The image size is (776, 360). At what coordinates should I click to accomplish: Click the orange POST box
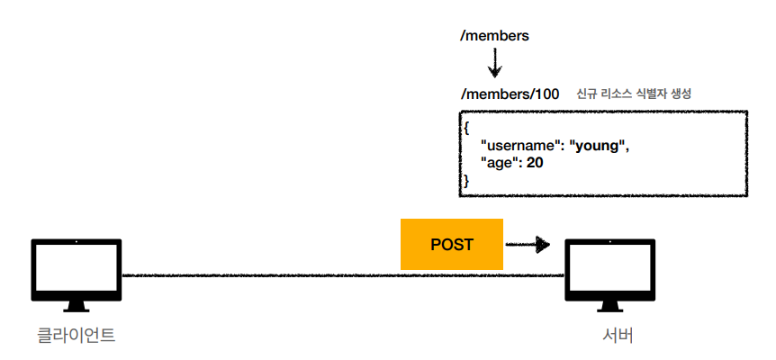[451, 244]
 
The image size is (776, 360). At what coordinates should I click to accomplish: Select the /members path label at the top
[494, 36]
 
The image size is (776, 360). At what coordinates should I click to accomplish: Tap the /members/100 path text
[510, 94]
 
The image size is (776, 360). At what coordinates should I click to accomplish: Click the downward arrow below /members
[494, 64]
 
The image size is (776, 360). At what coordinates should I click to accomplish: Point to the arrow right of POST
[528, 244]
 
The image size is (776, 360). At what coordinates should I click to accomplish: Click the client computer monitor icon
[77, 274]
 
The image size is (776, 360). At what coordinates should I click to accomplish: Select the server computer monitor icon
[610, 274]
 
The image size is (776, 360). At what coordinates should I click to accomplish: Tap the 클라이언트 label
[77, 336]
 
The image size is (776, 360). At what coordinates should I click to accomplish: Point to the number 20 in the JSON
[535, 163]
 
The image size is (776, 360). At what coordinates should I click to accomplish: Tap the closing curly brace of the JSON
[465, 181]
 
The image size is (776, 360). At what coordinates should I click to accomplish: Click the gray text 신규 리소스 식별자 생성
[634, 94]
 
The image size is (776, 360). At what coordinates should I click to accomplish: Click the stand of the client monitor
[77, 307]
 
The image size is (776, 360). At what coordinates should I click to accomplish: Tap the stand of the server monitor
[610, 307]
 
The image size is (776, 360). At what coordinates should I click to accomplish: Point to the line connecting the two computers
[344, 274]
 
